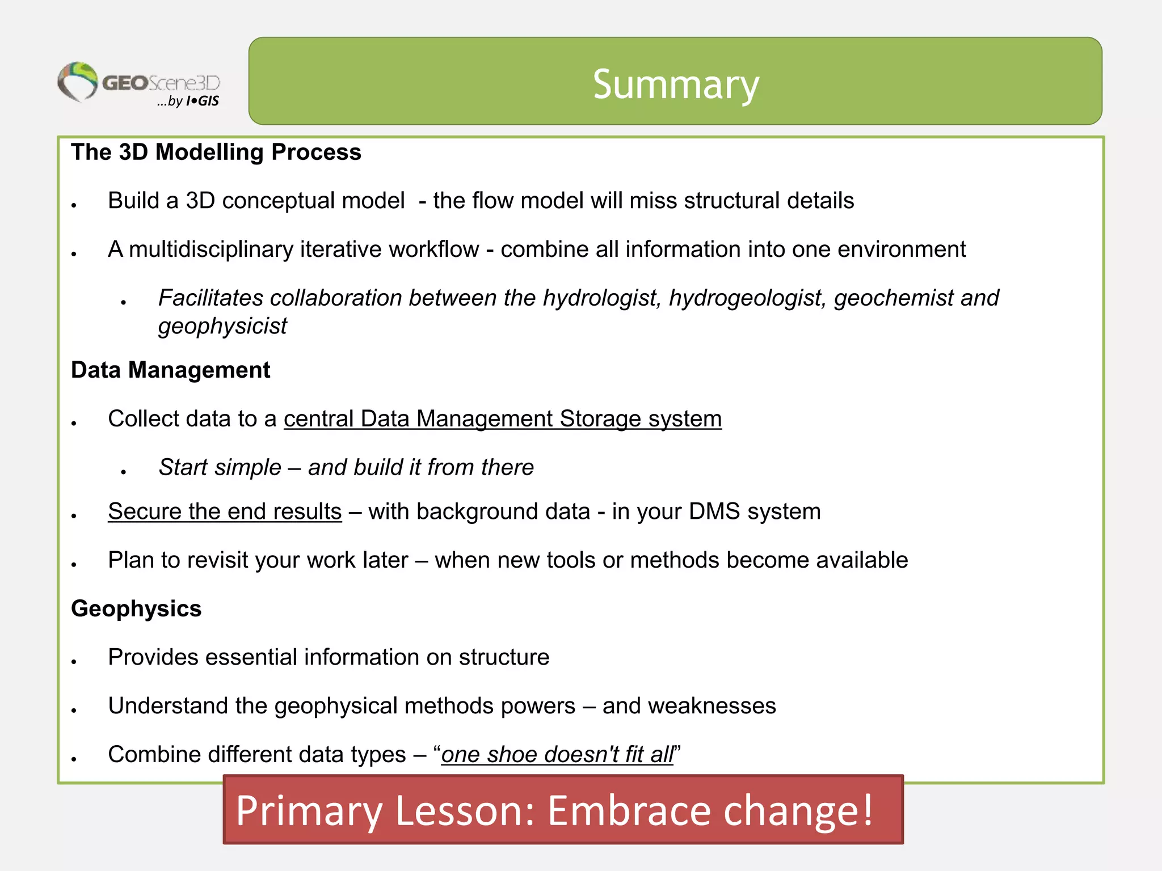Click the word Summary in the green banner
click(675, 84)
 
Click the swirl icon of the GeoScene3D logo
click(78, 82)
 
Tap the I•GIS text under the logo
click(203, 102)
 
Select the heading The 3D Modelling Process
click(216, 153)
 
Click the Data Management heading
click(170, 370)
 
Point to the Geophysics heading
click(136, 609)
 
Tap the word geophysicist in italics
click(222, 327)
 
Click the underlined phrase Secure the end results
click(225, 511)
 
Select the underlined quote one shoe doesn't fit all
click(557, 755)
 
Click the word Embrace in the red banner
click(629, 810)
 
